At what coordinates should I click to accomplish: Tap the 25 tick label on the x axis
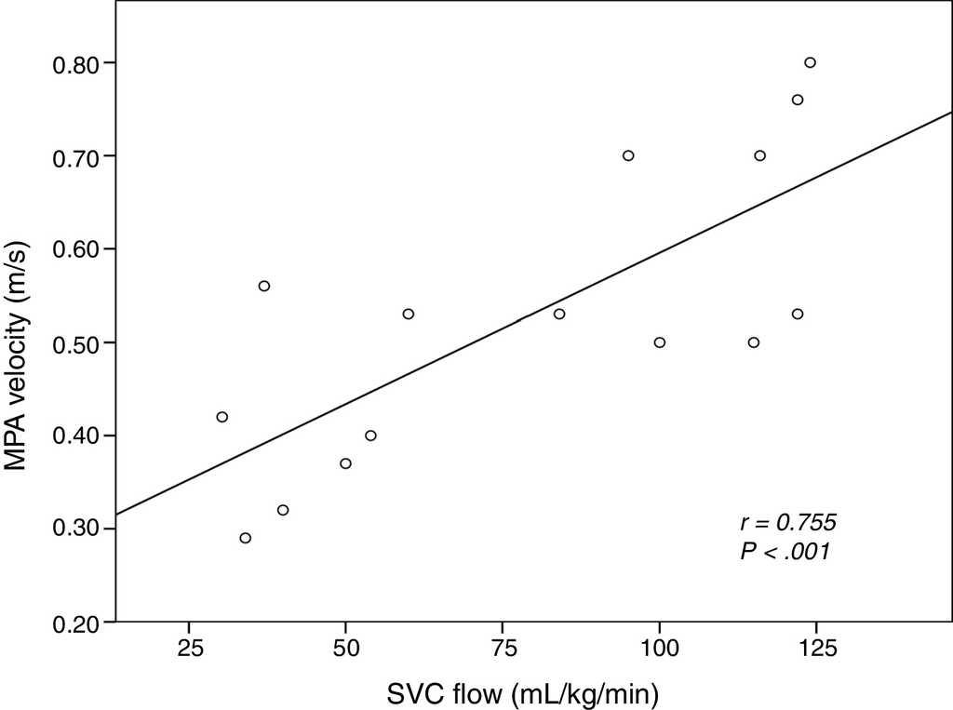click(189, 644)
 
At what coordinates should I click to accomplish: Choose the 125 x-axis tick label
click(815, 644)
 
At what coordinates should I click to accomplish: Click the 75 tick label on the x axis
click(503, 644)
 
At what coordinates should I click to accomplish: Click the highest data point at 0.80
click(810, 62)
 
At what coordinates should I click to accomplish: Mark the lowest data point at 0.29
click(246, 538)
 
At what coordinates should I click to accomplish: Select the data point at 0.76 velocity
click(798, 100)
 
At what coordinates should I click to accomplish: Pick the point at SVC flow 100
click(660, 342)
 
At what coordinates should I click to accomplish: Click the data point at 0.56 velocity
click(264, 286)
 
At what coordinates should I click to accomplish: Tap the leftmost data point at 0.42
click(222, 417)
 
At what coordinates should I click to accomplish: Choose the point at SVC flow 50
click(346, 463)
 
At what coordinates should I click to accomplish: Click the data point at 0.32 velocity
click(283, 510)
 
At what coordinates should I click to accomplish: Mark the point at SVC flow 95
click(628, 155)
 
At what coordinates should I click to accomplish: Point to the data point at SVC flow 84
click(559, 314)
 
